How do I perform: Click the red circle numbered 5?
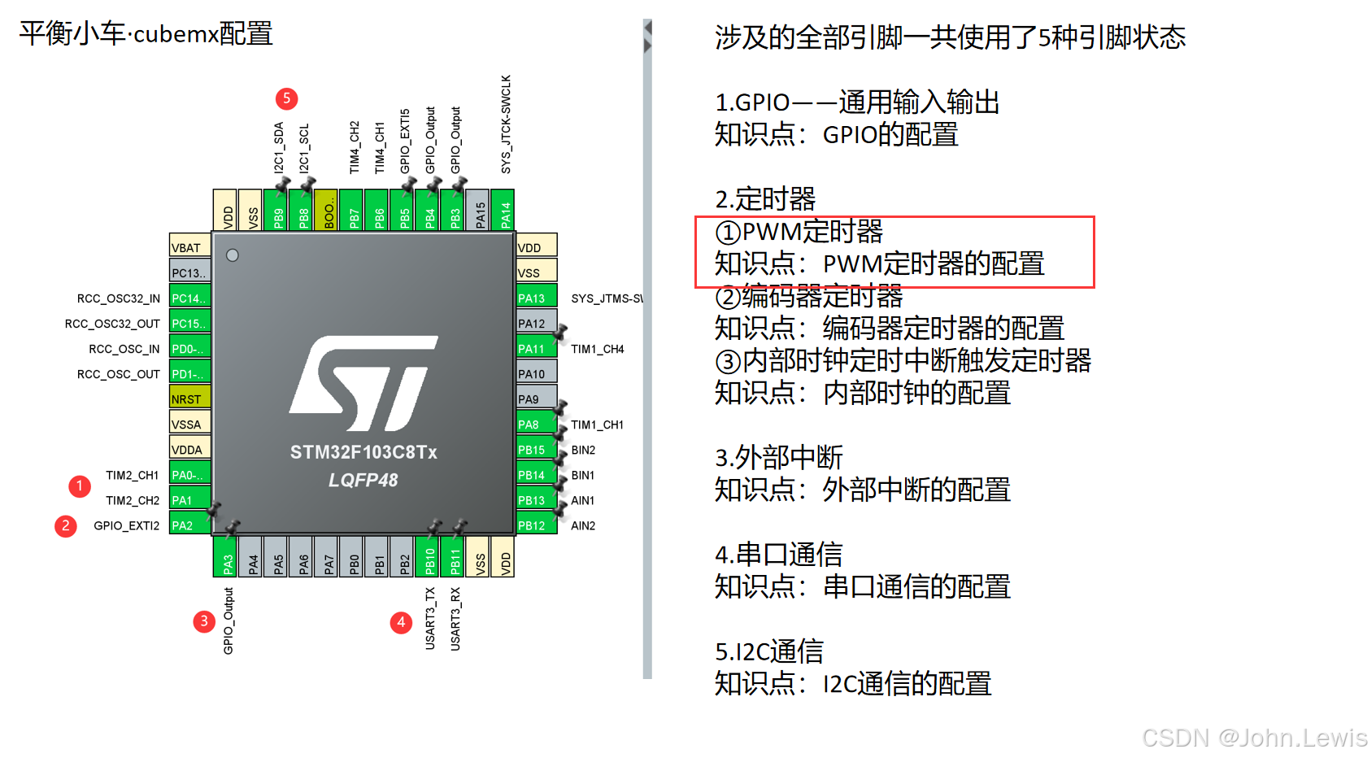[286, 98]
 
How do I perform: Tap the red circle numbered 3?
[204, 622]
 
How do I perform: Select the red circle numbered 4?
[401, 623]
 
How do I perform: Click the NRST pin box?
[189, 398]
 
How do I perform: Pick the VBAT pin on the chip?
[189, 247]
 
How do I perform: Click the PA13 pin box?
[536, 298]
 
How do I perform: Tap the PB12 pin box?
[536, 525]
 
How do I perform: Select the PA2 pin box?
[189, 525]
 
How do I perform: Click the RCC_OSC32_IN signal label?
[119, 298]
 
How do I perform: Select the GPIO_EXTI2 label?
[127, 525]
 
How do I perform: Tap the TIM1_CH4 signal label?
[598, 349]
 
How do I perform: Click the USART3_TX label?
[430, 618]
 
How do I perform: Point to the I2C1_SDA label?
[279, 147]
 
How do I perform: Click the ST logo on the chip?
[363, 382]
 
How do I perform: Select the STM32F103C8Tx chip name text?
[363, 452]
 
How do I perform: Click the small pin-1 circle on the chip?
[233, 255]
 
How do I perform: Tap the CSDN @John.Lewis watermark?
[1254, 738]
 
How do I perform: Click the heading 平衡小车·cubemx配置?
[146, 34]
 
